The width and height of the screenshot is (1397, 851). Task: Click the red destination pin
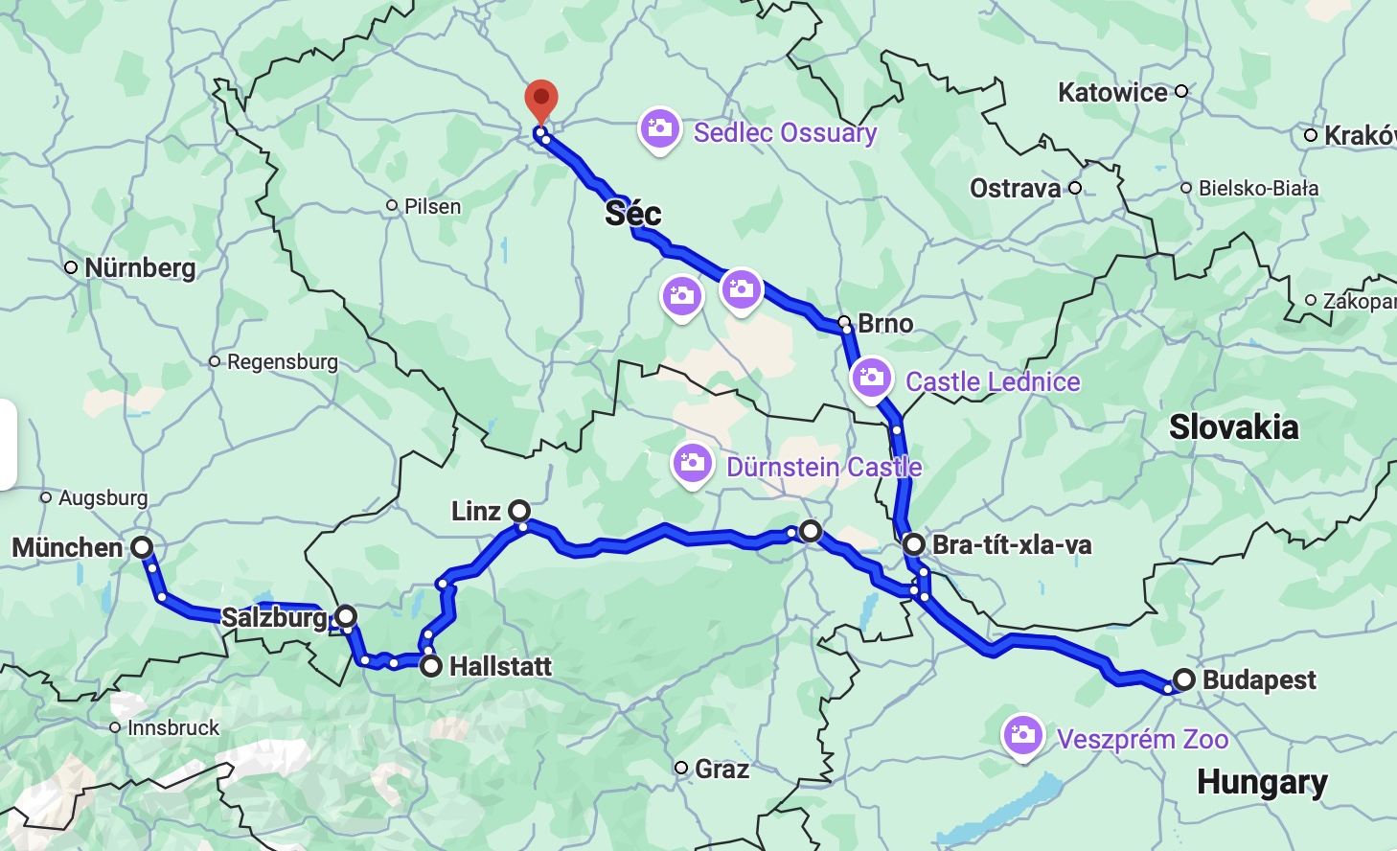click(x=541, y=100)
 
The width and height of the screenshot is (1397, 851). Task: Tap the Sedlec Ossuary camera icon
click(x=659, y=128)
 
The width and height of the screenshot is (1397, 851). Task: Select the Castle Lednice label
click(x=993, y=382)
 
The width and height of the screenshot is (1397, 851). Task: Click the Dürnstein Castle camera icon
click(x=692, y=465)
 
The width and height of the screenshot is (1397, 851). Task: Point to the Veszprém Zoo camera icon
click(x=1022, y=736)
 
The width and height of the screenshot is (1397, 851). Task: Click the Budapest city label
click(x=1259, y=680)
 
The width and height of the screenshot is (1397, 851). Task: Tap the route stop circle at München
click(x=142, y=547)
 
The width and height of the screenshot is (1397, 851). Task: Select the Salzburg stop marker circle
click(x=345, y=616)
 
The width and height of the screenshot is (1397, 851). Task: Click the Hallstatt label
click(x=500, y=666)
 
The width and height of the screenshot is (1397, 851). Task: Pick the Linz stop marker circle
click(x=518, y=510)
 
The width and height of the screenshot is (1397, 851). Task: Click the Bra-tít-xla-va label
click(x=1012, y=545)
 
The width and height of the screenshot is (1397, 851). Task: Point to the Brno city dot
click(x=844, y=322)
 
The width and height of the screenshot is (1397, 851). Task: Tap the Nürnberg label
click(x=140, y=268)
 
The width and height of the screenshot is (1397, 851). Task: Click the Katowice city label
click(x=1112, y=93)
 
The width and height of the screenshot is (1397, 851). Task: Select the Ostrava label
click(x=1016, y=188)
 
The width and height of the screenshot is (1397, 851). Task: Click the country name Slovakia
click(x=1234, y=427)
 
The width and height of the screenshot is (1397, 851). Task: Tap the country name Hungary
click(x=1262, y=783)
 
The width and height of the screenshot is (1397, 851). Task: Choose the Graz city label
click(x=721, y=769)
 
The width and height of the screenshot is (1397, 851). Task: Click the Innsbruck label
click(x=173, y=728)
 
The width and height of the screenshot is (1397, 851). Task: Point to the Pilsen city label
click(x=432, y=207)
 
